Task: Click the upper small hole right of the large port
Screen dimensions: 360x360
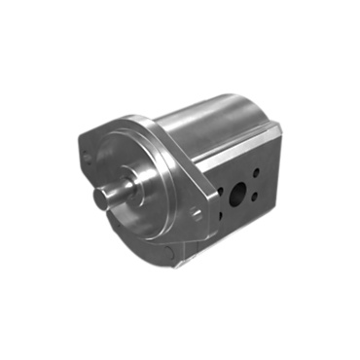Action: (x=256, y=172)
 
